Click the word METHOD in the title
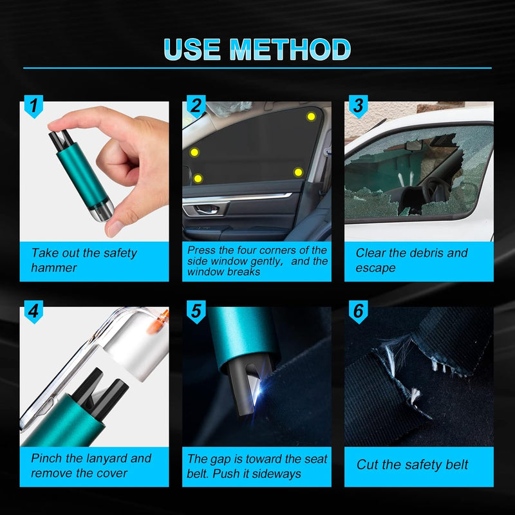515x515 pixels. (x=290, y=50)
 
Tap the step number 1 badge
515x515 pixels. (x=33, y=106)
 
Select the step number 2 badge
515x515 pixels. (x=196, y=106)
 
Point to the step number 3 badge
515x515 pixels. (x=359, y=106)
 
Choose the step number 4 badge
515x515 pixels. (x=33, y=312)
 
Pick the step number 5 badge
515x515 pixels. (x=196, y=312)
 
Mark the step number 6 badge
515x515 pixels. (x=359, y=312)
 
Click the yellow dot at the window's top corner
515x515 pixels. (x=311, y=117)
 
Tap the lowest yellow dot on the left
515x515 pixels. (x=198, y=178)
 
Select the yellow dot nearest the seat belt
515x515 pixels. (x=298, y=172)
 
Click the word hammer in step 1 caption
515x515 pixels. (x=54, y=268)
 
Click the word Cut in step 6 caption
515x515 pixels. (x=368, y=465)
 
